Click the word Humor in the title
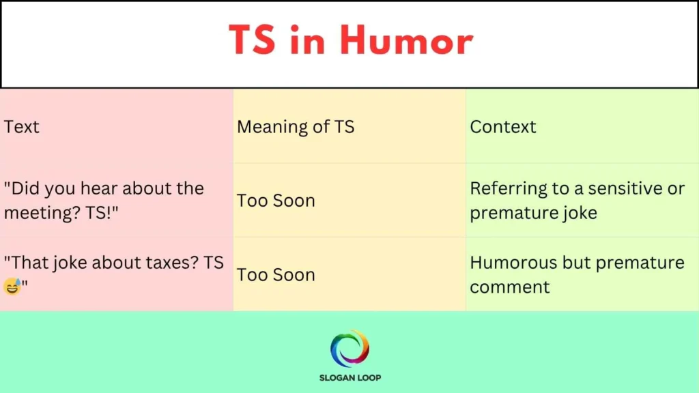pos(406,41)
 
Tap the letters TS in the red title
pos(253,41)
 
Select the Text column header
pos(22,127)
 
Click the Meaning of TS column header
pos(296,127)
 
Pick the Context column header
pos(503,127)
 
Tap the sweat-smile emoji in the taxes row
pos(12,287)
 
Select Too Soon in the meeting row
pos(276,201)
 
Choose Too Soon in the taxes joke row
pos(276,275)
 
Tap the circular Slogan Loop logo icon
pos(349,349)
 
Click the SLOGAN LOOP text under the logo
pos(349,377)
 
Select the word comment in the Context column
pos(510,287)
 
